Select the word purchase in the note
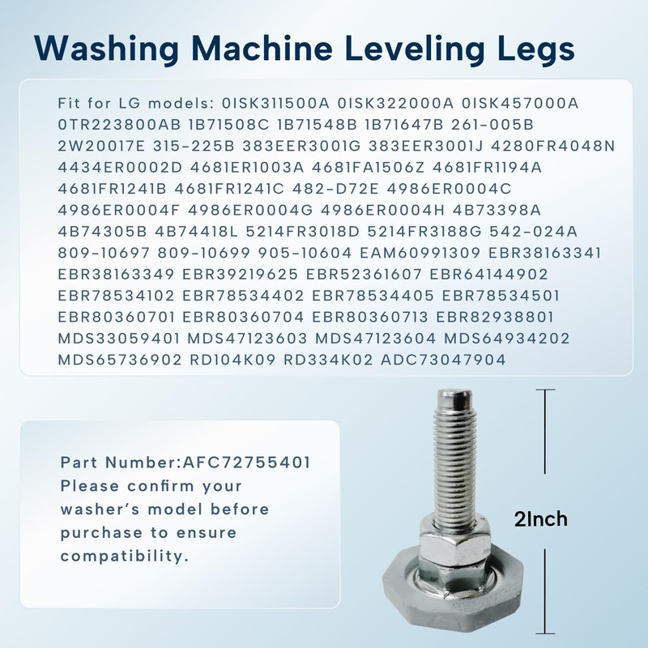click(99, 534)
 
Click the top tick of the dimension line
click(549, 390)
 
